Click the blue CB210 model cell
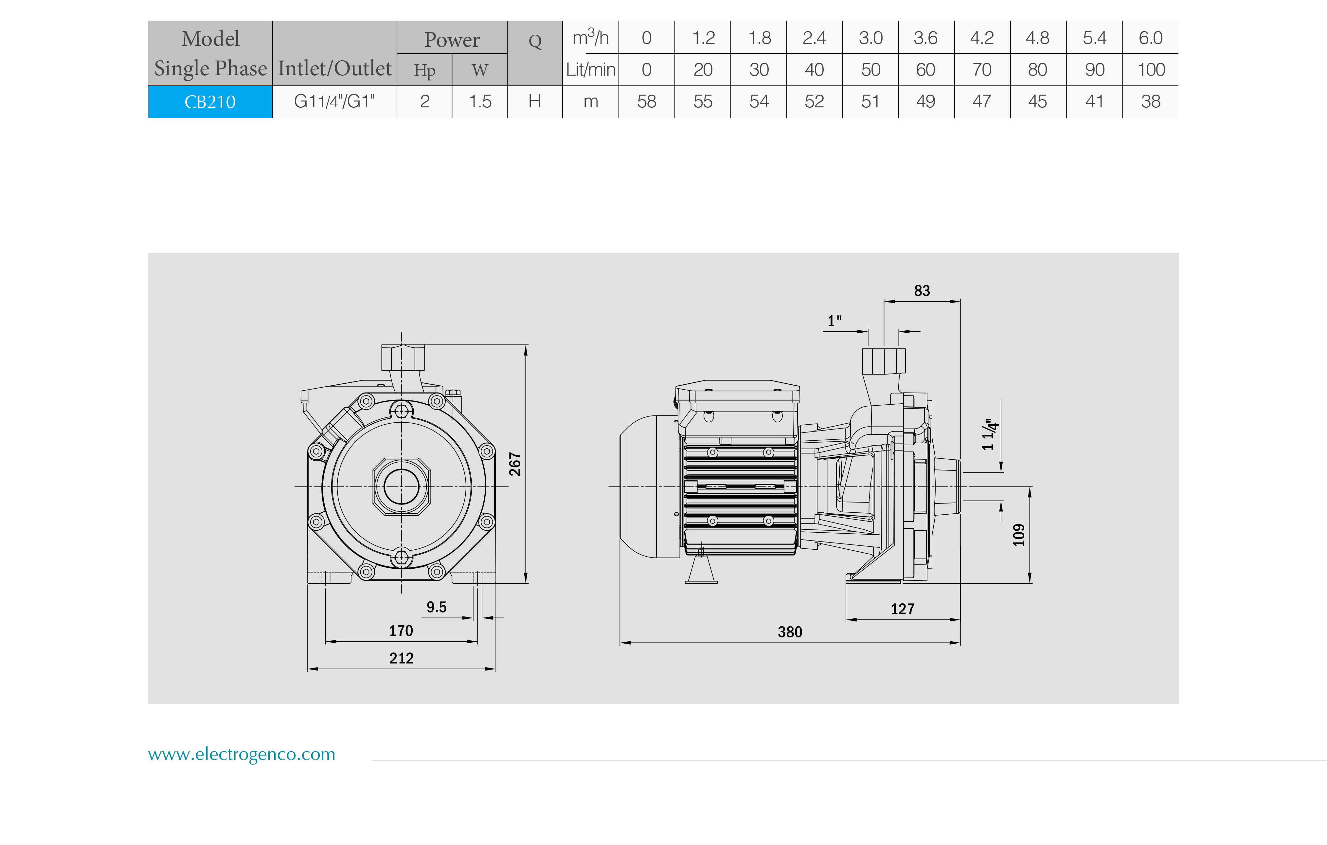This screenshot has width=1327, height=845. (x=210, y=102)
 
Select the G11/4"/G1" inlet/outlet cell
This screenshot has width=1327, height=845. (x=334, y=101)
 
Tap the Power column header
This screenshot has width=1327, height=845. (x=452, y=40)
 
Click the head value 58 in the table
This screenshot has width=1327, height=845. (x=646, y=101)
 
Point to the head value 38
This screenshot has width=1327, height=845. (x=1151, y=101)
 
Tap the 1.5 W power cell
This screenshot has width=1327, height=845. (x=480, y=101)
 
